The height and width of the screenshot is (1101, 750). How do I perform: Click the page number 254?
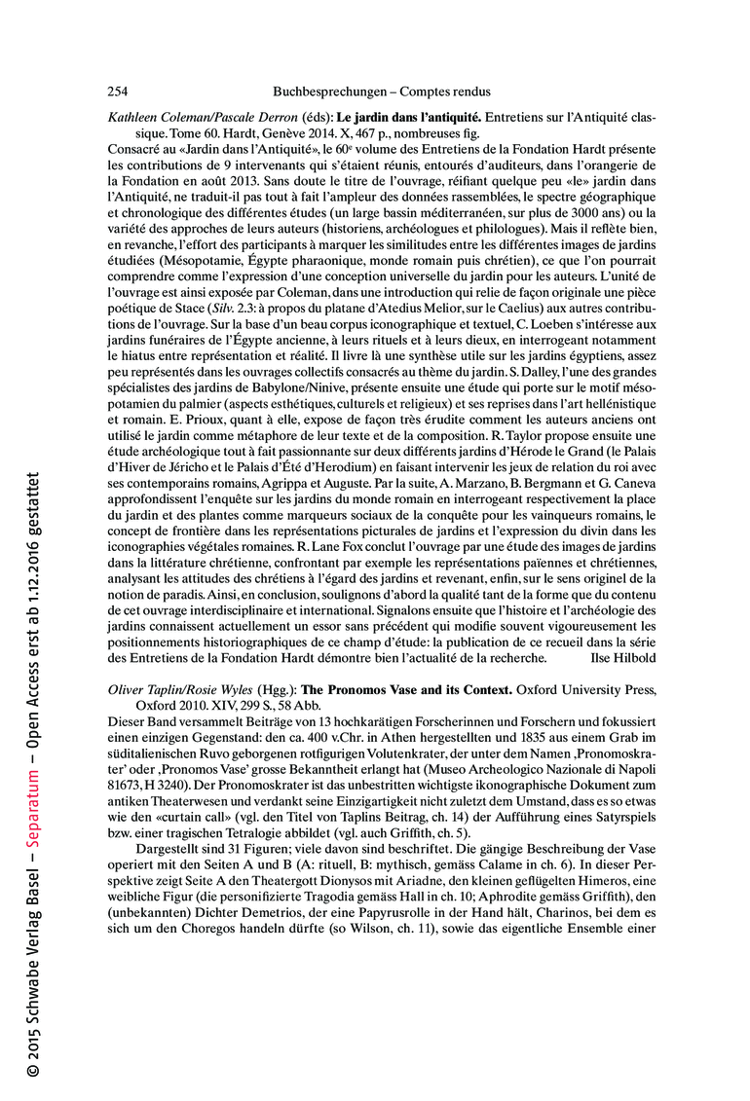pos(117,92)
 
